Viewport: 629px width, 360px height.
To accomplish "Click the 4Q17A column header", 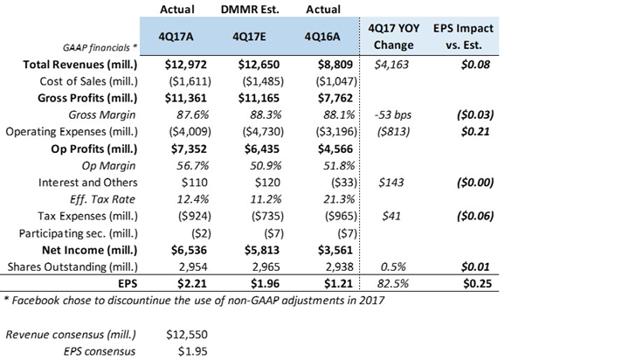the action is pyautogui.click(x=176, y=37).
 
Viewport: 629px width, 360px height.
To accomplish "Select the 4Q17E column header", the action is pyautogui.click(x=249, y=37).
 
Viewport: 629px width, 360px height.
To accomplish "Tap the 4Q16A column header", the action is pyautogui.click(x=322, y=37).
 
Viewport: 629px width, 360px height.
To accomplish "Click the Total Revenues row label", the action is pyautogui.click(x=80, y=65).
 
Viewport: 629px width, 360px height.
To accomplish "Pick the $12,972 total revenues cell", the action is pyautogui.click(x=185, y=65).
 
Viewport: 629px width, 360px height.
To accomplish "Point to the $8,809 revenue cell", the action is pyautogui.click(x=335, y=65).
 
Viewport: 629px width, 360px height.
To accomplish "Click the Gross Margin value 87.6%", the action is pyautogui.click(x=192, y=115).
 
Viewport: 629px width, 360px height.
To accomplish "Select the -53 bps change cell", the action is pyautogui.click(x=393, y=115).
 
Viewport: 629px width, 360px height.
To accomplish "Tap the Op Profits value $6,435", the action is pyautogui.click(x=261, y=149).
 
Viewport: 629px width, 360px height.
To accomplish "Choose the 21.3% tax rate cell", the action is pyautogui.click(x=339, y=199).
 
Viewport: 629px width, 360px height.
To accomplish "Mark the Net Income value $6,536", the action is pyautogui.click(x=189, y=250).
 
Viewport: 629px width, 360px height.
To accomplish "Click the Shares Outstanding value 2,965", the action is pyautogui.click(x=266, y=267).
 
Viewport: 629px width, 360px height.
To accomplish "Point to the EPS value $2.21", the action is pyautogui.click(x=192, y=284).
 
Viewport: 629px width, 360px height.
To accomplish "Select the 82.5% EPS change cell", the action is pyautogui.click(x=393, y=284).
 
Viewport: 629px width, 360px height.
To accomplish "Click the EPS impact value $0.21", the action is pyautogui.click(x=475, y=132).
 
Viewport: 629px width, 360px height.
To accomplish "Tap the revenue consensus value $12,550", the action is pyautogui.click(x=187, y=335).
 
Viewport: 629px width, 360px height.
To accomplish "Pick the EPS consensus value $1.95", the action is pyautogui.click(x=193, y=351).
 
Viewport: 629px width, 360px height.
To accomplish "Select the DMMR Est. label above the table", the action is pyautogui.click(x=250, y=10).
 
